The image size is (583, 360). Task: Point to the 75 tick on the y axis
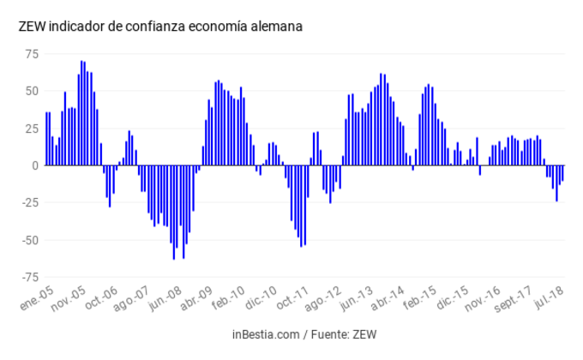coord(31,54)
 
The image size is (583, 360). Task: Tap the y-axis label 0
coord(35,165)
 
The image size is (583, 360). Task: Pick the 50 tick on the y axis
coord(31,91)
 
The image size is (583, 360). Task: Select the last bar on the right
coord(562,173)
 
